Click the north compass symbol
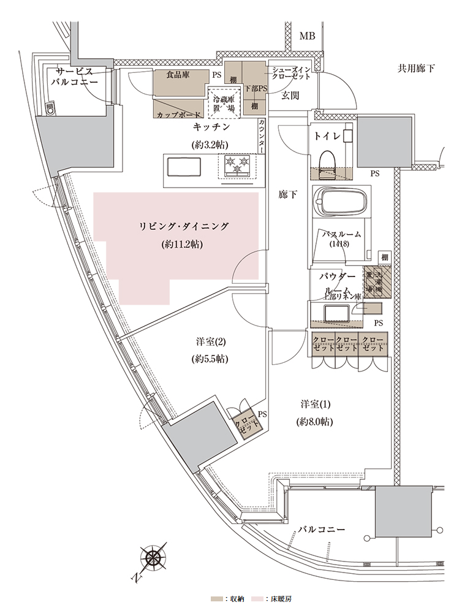pos(154,560)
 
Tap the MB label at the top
pos(306,37)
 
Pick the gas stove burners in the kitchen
pos(237,167)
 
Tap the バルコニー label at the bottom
pos(322,529)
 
